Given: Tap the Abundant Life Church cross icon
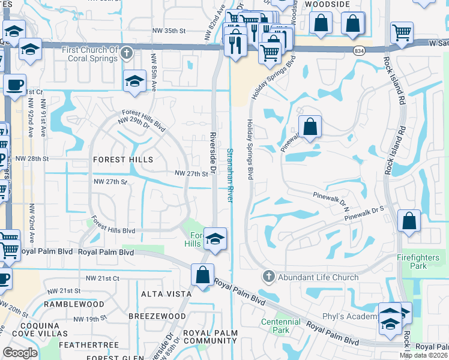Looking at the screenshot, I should [268, 277].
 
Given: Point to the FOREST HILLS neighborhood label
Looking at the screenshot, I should [123, 160].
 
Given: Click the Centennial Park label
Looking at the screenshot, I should [280, 326].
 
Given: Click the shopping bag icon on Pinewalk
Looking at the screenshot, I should [310, 127].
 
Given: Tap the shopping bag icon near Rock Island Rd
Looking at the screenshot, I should [409, 221].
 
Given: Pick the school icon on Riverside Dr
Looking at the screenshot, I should [214, 239].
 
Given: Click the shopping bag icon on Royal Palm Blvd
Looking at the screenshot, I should [203, 275].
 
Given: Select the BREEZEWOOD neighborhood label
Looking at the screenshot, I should [157, 316].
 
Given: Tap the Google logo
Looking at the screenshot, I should [20, 353].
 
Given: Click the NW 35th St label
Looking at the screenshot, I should [178, 31].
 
